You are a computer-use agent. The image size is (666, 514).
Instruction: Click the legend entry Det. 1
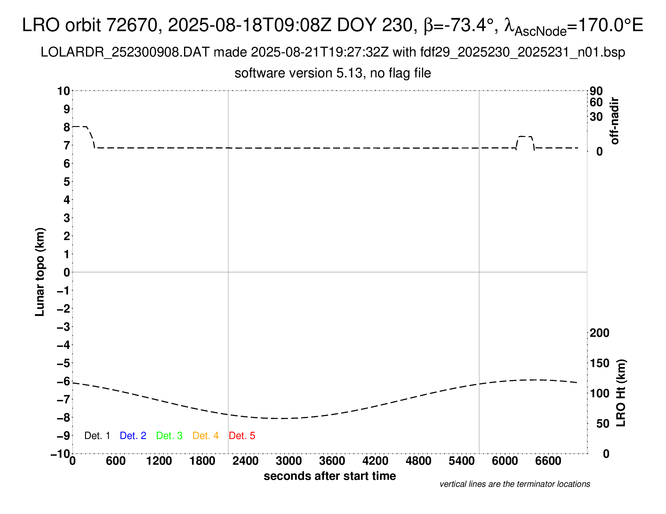pyautogui.click(x=97, y=436)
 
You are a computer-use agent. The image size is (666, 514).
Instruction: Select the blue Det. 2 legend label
pyautogui.click(x=133, y=436)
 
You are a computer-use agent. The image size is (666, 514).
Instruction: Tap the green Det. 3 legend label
pyautogui.click(x=169, y=436)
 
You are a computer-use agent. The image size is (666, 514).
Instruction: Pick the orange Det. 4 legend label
pyautogui.click(x=206, y=436)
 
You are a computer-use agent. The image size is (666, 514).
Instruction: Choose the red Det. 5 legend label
pyautogui.click(x=242, y=436)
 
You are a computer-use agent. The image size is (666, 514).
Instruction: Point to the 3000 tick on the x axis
pyautogui.click(x=288, y=461)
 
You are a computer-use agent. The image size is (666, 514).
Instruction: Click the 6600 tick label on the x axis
pyautogui.click(x=548, y=461)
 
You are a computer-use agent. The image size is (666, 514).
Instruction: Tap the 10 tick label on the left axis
pyautogui.click(x=64, y=91)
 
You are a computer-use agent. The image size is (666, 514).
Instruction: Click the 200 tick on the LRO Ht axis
pyautogui.click(x=599, y=333)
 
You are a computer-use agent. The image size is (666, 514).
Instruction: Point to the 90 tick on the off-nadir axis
pyautogui.click(x=596, y=91)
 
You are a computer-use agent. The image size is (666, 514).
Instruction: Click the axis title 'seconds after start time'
pyautogui.click(x=330, y=476)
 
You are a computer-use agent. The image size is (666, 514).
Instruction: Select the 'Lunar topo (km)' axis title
pyautogui.click(x=40, y=272)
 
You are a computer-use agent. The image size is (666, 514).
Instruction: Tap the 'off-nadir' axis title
pyautogui.click(x=615, y=121)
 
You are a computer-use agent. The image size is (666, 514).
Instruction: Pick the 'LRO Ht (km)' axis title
pyautogui.click(x=621, y=393)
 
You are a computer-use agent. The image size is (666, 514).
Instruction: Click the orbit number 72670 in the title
pyautogui.click(x=132, y=25)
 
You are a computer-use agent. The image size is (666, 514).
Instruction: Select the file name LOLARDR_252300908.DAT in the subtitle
pyautogui.click(x=125, y=52)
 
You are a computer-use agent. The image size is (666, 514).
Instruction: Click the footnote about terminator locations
pyautogui.click(x=515, y=484)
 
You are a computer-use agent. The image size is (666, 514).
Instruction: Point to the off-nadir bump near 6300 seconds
pyautogui.click(x=525, y=137)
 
